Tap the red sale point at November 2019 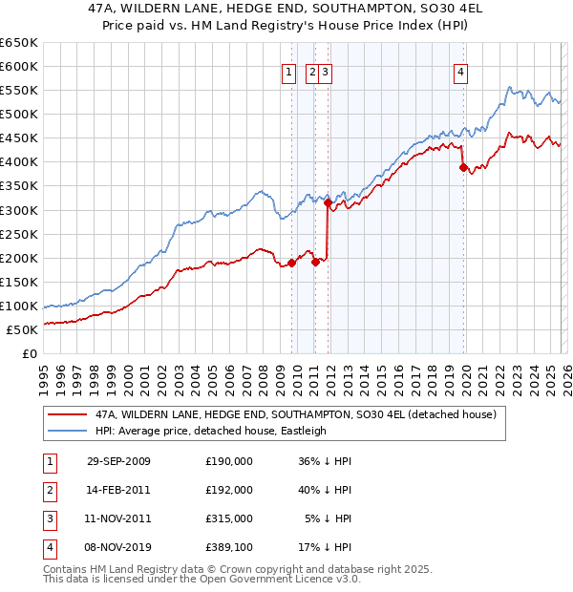click(x=463, y=167)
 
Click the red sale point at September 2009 click(x=291, y=263)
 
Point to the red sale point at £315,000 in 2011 click(x=328, y=202)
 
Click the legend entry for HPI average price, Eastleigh click(x=208, y=431)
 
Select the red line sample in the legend click(x=67, y=415)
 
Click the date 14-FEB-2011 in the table click(x=118, y=489)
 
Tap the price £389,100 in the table click(x=229, y=547)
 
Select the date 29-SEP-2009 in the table click(x=118, y=460)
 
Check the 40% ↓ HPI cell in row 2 click(x=326, y=489)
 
